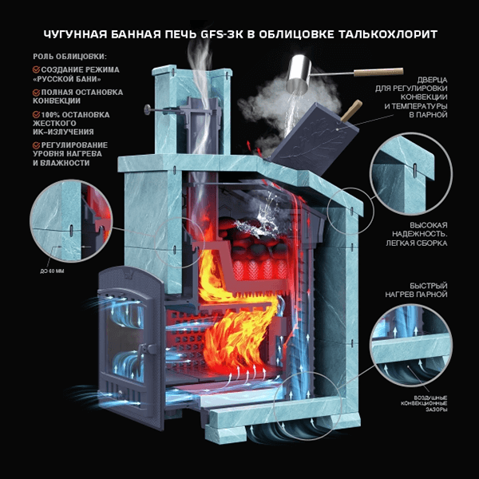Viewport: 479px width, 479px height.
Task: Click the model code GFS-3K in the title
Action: point(222,34)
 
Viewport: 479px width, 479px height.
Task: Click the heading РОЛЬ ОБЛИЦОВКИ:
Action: point(70,57)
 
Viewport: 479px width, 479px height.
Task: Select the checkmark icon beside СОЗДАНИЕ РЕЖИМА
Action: point(37,69)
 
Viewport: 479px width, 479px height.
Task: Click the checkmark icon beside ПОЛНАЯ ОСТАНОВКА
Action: point(37,92)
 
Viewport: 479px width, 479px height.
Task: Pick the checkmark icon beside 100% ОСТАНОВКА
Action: point(37,114)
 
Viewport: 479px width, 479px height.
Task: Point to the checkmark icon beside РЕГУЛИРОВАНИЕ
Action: point(37,145)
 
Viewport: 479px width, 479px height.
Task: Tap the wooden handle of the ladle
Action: point(378,72)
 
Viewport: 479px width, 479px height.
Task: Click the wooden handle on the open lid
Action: point(351,111)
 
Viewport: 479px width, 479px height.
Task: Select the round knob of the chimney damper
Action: point(148,109)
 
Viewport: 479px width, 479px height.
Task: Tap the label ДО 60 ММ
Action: point(52,271)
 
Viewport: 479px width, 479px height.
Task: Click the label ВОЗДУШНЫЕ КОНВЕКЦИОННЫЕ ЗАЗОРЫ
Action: point(424,403)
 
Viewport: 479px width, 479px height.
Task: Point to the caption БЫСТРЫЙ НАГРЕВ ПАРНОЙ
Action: point(416,291)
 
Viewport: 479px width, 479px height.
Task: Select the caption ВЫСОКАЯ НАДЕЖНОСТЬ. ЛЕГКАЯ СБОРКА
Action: point(417,234)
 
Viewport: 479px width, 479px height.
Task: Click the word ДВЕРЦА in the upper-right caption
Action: point(432,80)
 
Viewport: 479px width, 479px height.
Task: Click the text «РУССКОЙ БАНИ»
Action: point(67,79)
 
